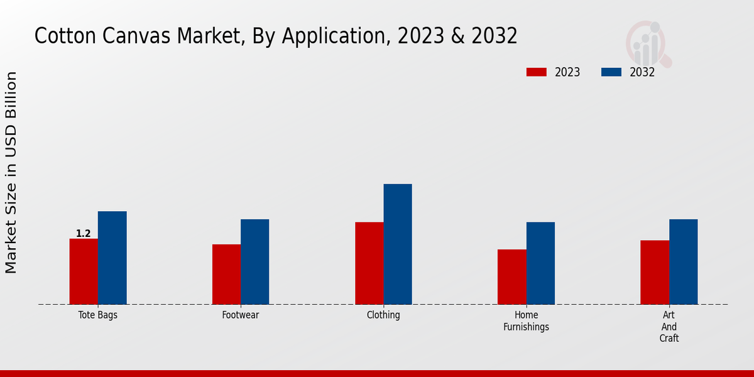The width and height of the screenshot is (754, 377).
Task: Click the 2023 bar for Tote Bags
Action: (x=84, y=271)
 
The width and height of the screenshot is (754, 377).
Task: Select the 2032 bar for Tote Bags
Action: (x=112, y=258)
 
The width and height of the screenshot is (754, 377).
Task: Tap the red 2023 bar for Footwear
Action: (x=226, y=274)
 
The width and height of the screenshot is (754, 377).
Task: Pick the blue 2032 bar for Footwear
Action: (x=254, y=261)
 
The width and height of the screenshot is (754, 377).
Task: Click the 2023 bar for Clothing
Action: (x=369, y=263)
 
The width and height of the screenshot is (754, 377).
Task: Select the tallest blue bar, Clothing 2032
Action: (x=398, y=244)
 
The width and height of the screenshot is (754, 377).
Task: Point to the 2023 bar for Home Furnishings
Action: (x=512, y=276)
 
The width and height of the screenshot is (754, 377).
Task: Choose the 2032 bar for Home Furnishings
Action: (x=540, y=263)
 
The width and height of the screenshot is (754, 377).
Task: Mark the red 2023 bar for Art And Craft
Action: (x=655, y=272)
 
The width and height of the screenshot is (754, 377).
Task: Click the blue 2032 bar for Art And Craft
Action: (x=683, y=261)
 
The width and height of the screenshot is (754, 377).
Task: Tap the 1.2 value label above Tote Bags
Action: (x=84, y=234)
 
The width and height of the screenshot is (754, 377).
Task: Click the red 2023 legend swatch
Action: (x=536, y=72)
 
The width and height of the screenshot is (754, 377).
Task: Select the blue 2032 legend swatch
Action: (x=611, y=72)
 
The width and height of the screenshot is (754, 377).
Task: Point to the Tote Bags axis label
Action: (x=98, y=315)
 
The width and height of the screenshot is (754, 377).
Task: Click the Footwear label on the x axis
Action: (x=241, y=315)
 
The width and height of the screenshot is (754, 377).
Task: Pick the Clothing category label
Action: (x=383, y=315)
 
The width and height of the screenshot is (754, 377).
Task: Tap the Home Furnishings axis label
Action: (x=527, y=320)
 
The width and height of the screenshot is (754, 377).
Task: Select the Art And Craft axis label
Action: (x=669, y=327)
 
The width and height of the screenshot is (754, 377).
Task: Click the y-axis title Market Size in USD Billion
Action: (x=11, y=172)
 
